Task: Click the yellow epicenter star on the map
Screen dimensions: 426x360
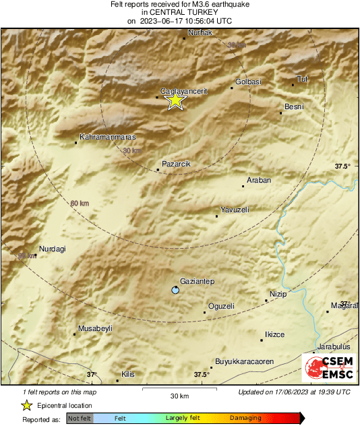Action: tap(175, 100)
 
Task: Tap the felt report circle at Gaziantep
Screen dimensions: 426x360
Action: tap(175, 291)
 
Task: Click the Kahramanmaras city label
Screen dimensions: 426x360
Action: tap(108, 138)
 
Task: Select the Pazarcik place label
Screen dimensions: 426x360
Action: tap(177, 164)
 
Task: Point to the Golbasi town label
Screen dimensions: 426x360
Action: tap(247, 82)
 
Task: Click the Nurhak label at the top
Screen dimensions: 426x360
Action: tap(200, 32)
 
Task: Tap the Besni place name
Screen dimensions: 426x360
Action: tap(294, 106)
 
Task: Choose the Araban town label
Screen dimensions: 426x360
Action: tap(259, 181)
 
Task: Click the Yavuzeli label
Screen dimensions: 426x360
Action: tap(235, 210)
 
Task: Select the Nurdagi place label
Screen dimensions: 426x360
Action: tap(53, 249)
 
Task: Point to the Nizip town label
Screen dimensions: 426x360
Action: tap(278, 295)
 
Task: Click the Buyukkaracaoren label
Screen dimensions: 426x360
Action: tap(244, 361)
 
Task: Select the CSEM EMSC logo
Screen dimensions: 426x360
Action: tap(327, 367)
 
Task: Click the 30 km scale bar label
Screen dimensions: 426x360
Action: tap(179, 395)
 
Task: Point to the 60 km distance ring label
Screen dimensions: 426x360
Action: tap(80, 203)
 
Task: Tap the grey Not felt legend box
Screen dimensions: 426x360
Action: tap(80, 419)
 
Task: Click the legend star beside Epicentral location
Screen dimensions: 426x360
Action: tap(27, 405)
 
